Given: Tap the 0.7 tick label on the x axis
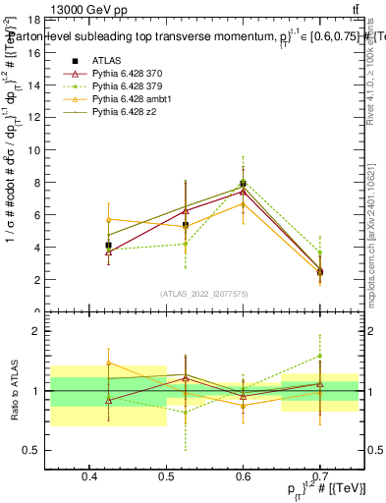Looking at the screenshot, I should (318, 476).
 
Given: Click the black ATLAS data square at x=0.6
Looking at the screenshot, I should (243, 184).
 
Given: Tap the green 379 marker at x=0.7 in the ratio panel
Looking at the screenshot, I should (319, 357).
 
